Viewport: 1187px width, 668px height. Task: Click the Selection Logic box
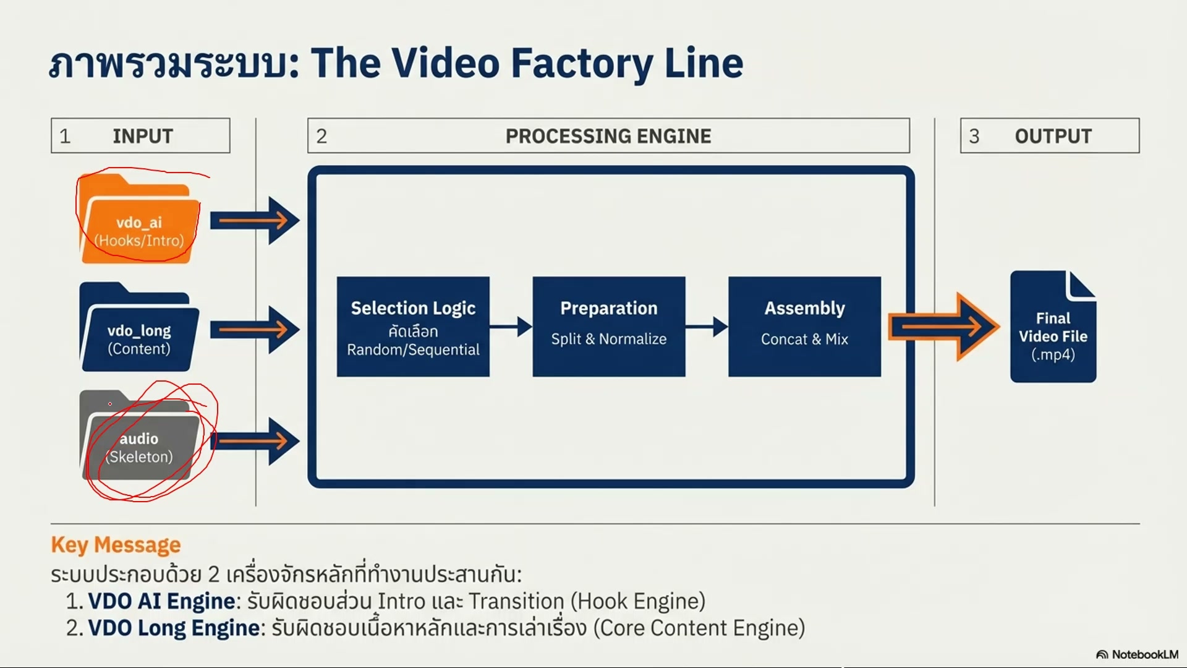pyautogui.click(x=413, y=327)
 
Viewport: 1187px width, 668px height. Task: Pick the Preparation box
pyautogui.click(x=609, y=327)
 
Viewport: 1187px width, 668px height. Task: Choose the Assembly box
pyautogui.click(x=804, y=327)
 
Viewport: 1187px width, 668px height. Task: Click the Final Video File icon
pyautogui.click(x=1053, y=328)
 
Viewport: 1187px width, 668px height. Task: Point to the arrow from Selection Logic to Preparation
pyautogui.click(x=511, y=327)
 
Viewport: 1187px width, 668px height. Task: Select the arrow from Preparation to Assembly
pyautogui.click(x=707, y=327)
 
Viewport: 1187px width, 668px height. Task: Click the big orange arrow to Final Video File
pyautogui.click(x=943, y=327)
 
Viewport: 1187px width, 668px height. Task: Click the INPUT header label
pyautogui.click(x=143, y=136)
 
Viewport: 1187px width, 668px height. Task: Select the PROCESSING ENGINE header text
pyautogui.click(x=608, y=136)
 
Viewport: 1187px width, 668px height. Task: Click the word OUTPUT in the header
pyautogui.click(x=1053, y=136)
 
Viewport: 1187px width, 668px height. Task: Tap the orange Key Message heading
pyautogui.click(x=116, y=545)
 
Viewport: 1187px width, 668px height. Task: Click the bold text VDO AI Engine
pyautogui.click(x=161, y=601)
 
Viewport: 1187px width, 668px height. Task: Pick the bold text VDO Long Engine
pyautogui.click(x=174, y=628)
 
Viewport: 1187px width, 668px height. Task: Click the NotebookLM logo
pyautogui.click(x=1137, y=654)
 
